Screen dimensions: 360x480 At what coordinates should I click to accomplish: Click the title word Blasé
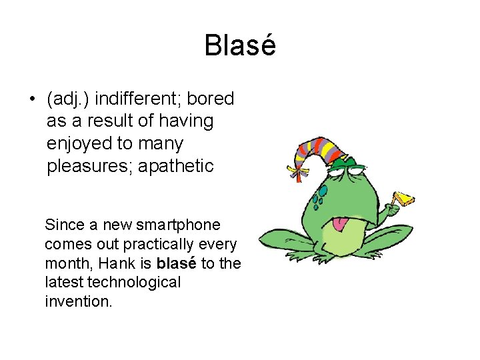coord(240,46)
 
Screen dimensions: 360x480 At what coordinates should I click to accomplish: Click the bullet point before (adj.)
coord(31,100)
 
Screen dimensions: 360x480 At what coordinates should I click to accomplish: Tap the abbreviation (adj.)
coord(69,99)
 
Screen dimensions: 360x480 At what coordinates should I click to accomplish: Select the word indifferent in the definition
coord(138,99)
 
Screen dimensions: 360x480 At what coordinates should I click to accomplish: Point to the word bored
coord(211,99)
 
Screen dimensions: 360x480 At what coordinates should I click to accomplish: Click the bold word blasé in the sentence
coord(177,263)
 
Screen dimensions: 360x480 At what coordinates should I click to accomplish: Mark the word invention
coord(79,302)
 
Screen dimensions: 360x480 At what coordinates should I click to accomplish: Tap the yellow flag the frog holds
coord(404,199)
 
